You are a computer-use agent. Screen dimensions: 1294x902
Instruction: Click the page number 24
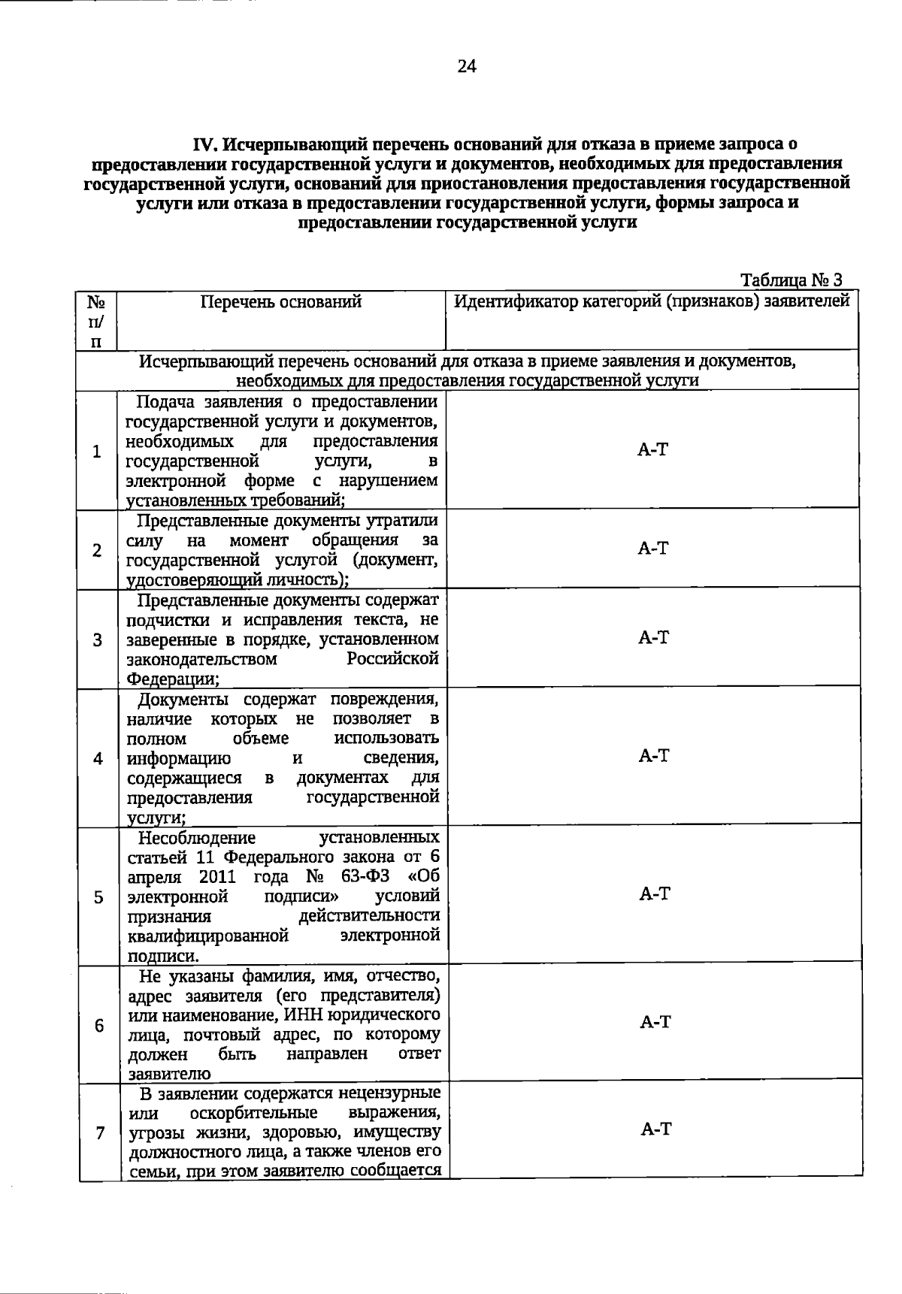[x=466, y=67]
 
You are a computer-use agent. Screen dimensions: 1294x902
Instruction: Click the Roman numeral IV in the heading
[x=205, y=144]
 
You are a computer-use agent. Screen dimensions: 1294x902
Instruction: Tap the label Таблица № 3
[x=791, y=280]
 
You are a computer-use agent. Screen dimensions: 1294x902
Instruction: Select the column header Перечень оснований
[x=281, y=302]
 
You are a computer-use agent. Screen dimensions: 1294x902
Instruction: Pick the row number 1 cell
[x=96, y=452]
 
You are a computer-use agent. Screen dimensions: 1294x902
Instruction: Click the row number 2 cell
[x=97, y=550]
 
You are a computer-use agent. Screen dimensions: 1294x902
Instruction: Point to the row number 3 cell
[x=98, y=639]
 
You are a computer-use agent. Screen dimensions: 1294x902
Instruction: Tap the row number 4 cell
[x=98, y=758]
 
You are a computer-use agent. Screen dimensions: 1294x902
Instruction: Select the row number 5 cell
[x=98, y=896]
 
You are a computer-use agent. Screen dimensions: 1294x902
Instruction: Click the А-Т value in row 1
[x=652, y=450]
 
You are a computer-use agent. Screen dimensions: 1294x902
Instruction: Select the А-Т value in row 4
[x=654, y=756]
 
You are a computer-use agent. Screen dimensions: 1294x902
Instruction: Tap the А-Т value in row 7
[x=655, y=1129]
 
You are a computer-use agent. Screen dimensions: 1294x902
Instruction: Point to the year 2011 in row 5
[x=217, y=877]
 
